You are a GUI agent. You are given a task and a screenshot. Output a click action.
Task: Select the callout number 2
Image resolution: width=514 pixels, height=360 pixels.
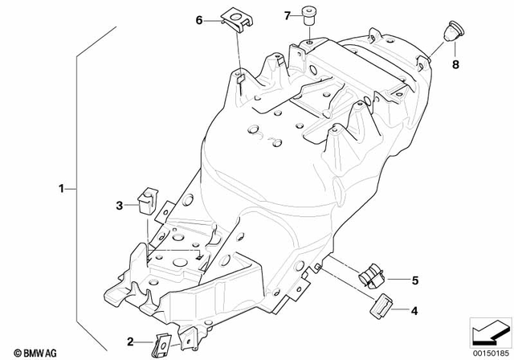point(131,342)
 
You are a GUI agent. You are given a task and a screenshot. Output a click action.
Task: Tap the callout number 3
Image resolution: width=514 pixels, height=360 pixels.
point(119,206)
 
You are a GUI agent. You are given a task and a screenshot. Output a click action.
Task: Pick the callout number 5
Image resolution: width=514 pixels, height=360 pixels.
point(414,280)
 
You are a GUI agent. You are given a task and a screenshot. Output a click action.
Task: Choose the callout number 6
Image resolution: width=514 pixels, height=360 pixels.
point(199,21)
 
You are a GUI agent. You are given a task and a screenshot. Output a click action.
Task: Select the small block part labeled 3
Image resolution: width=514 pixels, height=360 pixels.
point(148,198)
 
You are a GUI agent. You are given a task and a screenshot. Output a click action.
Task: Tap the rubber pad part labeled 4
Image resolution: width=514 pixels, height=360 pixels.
point(380,305)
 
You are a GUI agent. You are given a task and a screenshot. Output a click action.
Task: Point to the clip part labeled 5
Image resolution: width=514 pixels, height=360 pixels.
point(372,276)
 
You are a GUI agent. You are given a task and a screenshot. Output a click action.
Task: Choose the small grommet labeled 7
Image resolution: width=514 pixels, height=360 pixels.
point(308,14)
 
